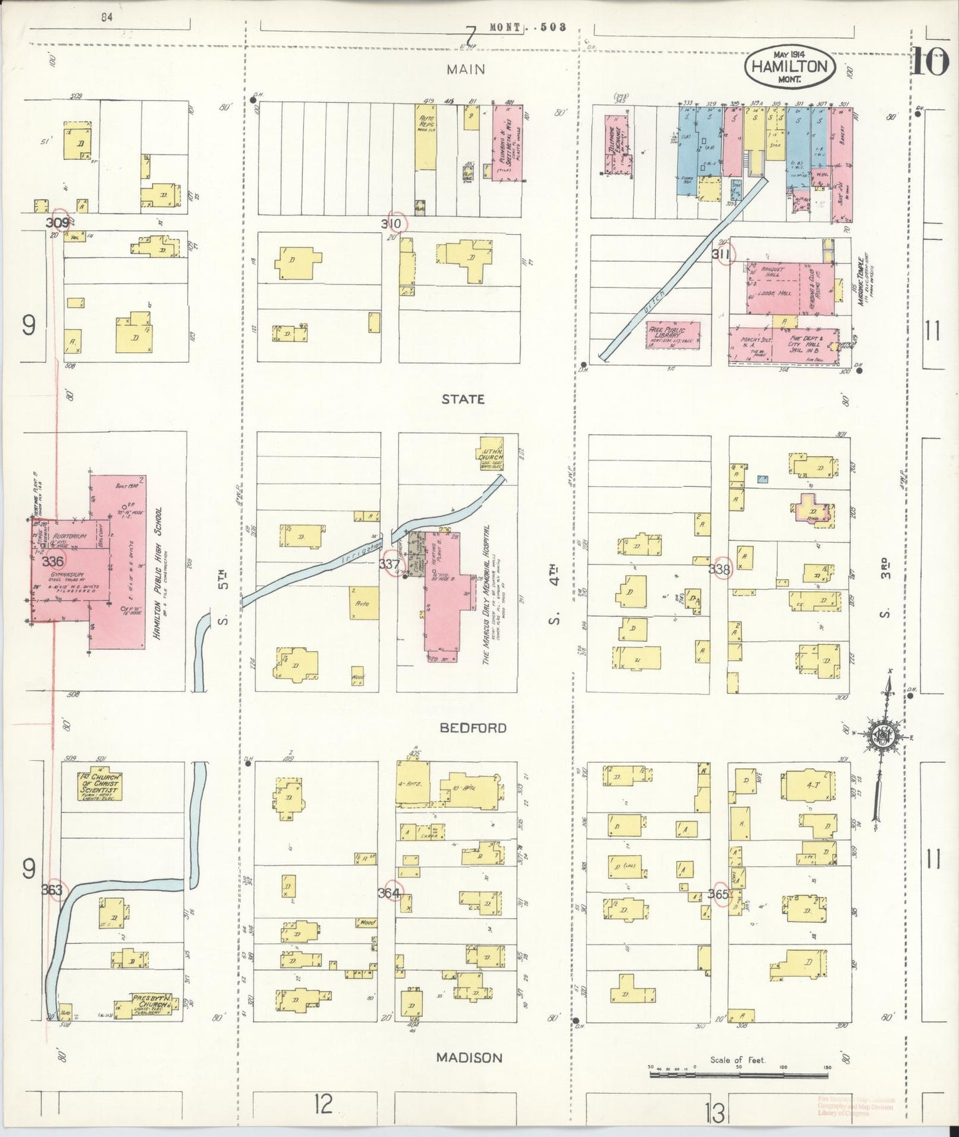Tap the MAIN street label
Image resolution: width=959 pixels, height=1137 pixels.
(465, 69)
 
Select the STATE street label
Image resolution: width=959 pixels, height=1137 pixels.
(464, 399)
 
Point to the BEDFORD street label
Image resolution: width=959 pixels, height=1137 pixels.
(473, 728)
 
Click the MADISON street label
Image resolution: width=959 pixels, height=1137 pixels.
(469, 1057)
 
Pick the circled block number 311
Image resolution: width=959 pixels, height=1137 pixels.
(723, 254)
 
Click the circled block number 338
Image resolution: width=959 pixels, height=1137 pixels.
(720, 569)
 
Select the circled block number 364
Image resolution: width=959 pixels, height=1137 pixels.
(390, 893)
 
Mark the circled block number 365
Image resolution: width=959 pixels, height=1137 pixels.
(720, 894)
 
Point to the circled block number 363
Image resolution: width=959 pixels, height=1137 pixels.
(53, 890)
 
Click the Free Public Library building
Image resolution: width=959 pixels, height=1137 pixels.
(673, 335)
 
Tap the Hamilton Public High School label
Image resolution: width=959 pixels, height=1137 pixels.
(158, 573)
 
